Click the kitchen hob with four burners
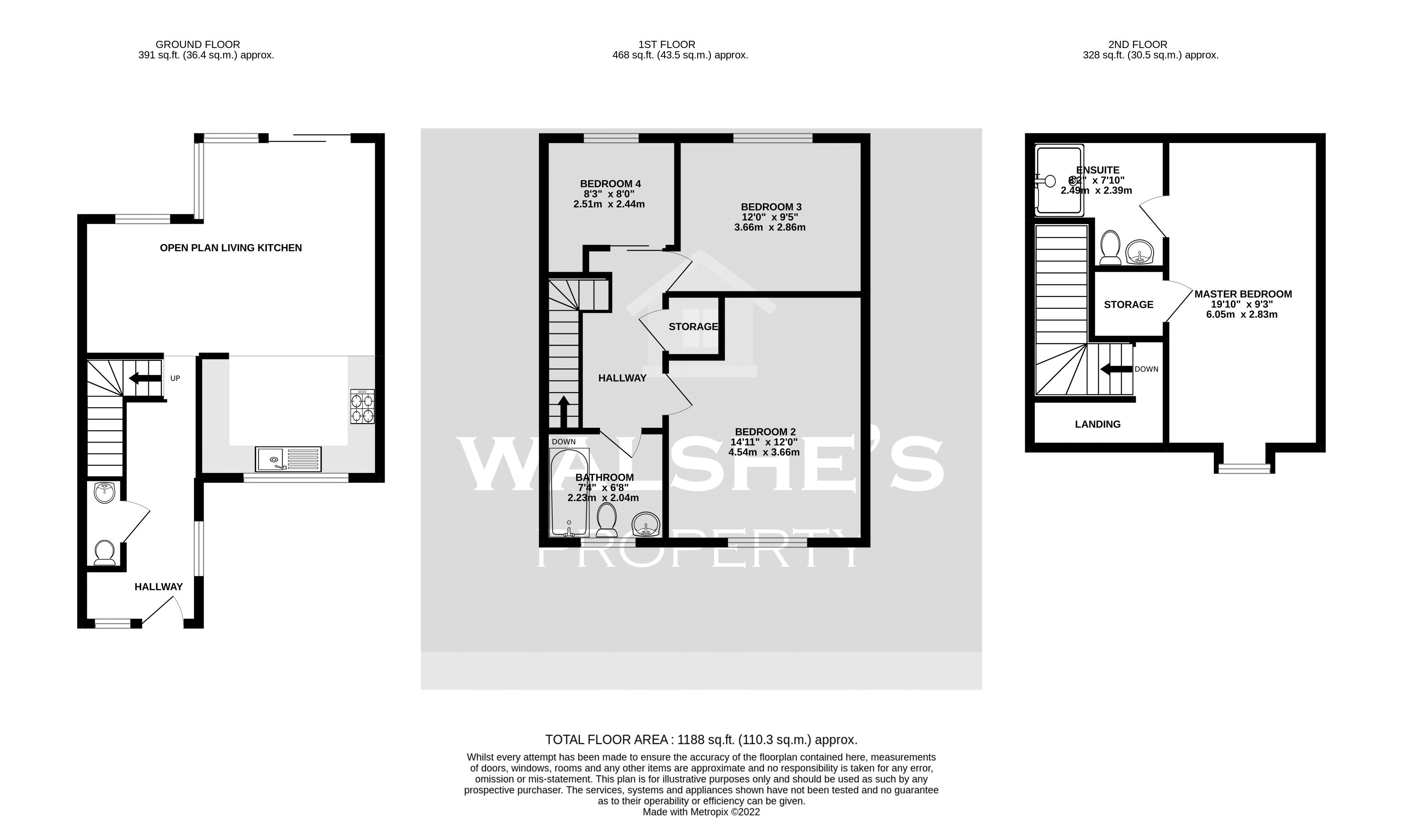point(362,407)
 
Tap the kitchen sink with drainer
point(288,459)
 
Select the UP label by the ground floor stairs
point(175,379)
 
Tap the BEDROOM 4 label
point(610,184)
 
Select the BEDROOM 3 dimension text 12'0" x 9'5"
point(771,217)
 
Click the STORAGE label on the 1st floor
point(693,327)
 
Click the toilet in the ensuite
point(1111,249)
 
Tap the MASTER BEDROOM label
point(1243,294)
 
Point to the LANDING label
point(1097,424)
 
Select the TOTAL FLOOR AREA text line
point(701,740)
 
